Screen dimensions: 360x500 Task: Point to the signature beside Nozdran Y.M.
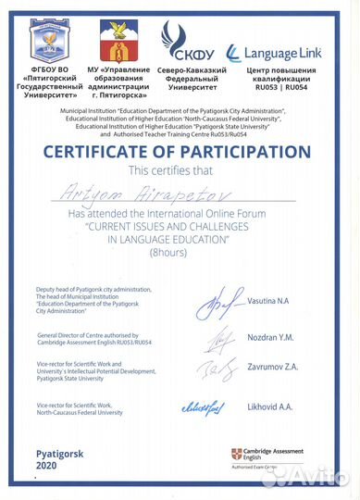pos(218,341)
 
